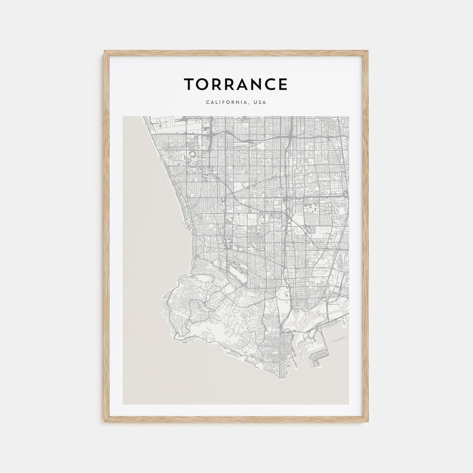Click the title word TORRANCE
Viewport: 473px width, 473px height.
236,84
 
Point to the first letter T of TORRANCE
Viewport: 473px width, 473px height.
188,84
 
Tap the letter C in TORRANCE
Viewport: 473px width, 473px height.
271,84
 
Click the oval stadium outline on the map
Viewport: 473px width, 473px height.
191,155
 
